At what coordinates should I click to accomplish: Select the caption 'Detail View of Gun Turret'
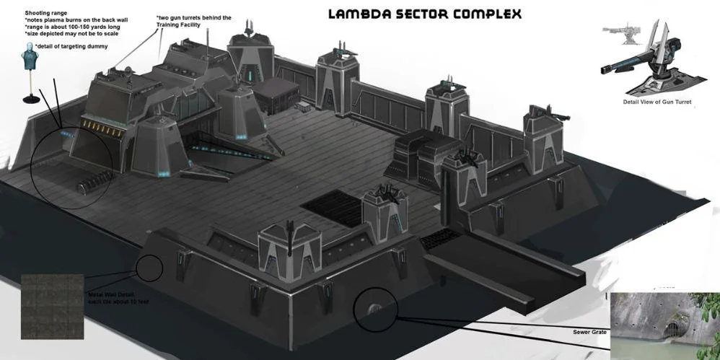click(x=657, y=102)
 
